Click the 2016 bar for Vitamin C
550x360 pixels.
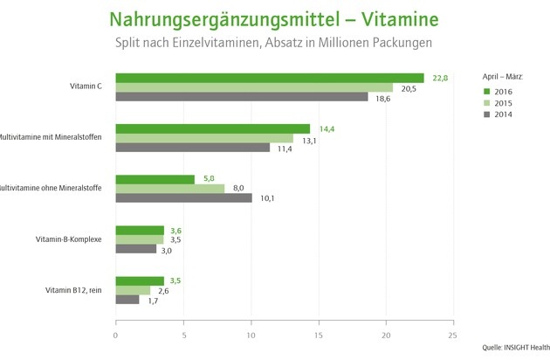[270, 78]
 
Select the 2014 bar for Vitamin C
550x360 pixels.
[242, 97]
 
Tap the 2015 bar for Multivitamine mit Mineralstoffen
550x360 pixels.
[204, 138]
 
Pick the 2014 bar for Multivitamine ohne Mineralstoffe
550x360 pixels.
[184, 197]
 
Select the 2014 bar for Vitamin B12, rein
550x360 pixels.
[127, 300]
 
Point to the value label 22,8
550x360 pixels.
[439, 78]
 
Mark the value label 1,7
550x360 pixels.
[153, 300]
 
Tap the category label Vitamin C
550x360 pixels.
[86, 87]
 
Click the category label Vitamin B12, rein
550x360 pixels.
[76, 290]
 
